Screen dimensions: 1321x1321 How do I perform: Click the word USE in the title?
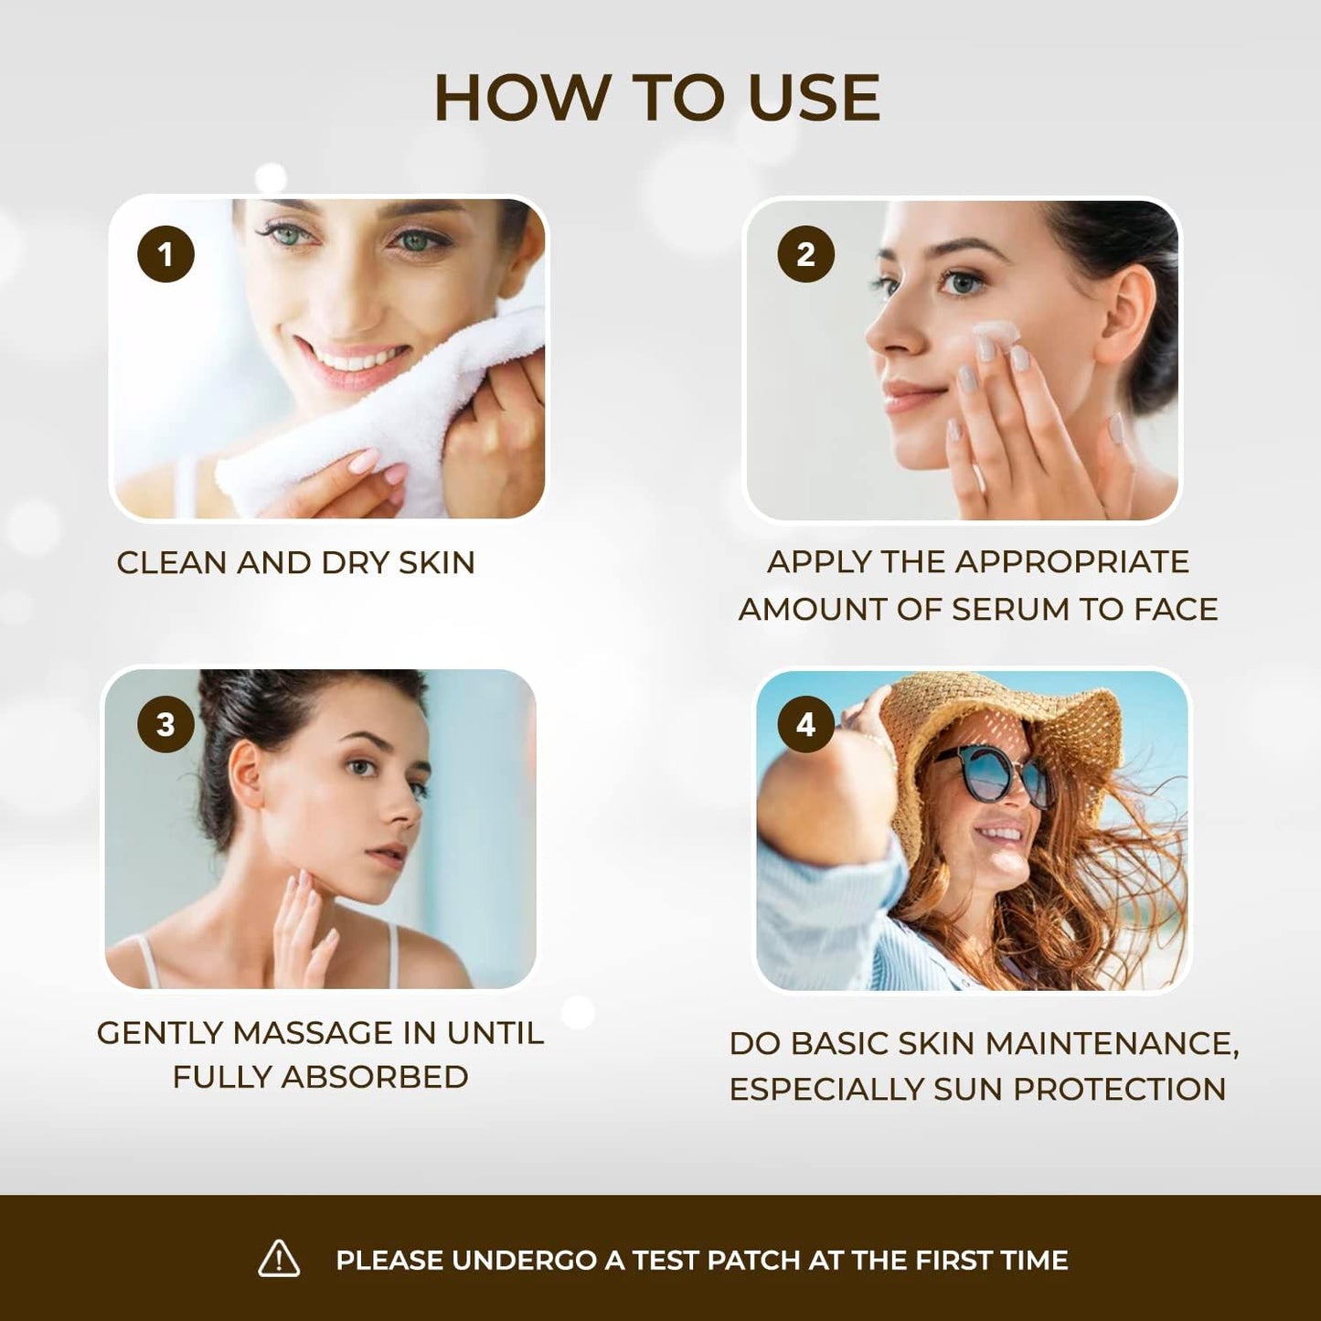click(814, 98)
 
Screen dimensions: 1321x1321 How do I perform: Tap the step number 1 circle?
click(165, 254)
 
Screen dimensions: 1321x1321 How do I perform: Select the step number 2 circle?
click(805, 254)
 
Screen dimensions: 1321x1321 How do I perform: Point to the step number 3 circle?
click(165, 724)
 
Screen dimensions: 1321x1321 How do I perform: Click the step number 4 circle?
click(805, 724)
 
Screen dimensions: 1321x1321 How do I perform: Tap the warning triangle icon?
click(279, 1258)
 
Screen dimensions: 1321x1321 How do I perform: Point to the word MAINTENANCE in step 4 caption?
click(1112, 1043)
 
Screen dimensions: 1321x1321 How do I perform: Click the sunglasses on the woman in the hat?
click(996, 774)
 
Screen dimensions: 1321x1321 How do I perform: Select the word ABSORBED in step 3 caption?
click(375, 1077)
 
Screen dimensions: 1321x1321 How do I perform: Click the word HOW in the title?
click(522, 98)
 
